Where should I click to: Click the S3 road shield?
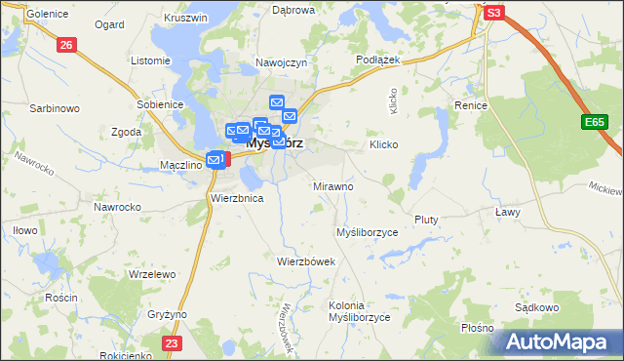[494, 13]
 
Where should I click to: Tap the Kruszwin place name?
[187, 18]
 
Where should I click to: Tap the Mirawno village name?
[332, 185]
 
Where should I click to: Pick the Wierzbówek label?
[305, 261]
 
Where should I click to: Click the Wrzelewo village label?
[151, 275]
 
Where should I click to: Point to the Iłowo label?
[24, 230]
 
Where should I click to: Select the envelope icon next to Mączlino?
[214, 159]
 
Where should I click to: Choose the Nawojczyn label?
[282, 61]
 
